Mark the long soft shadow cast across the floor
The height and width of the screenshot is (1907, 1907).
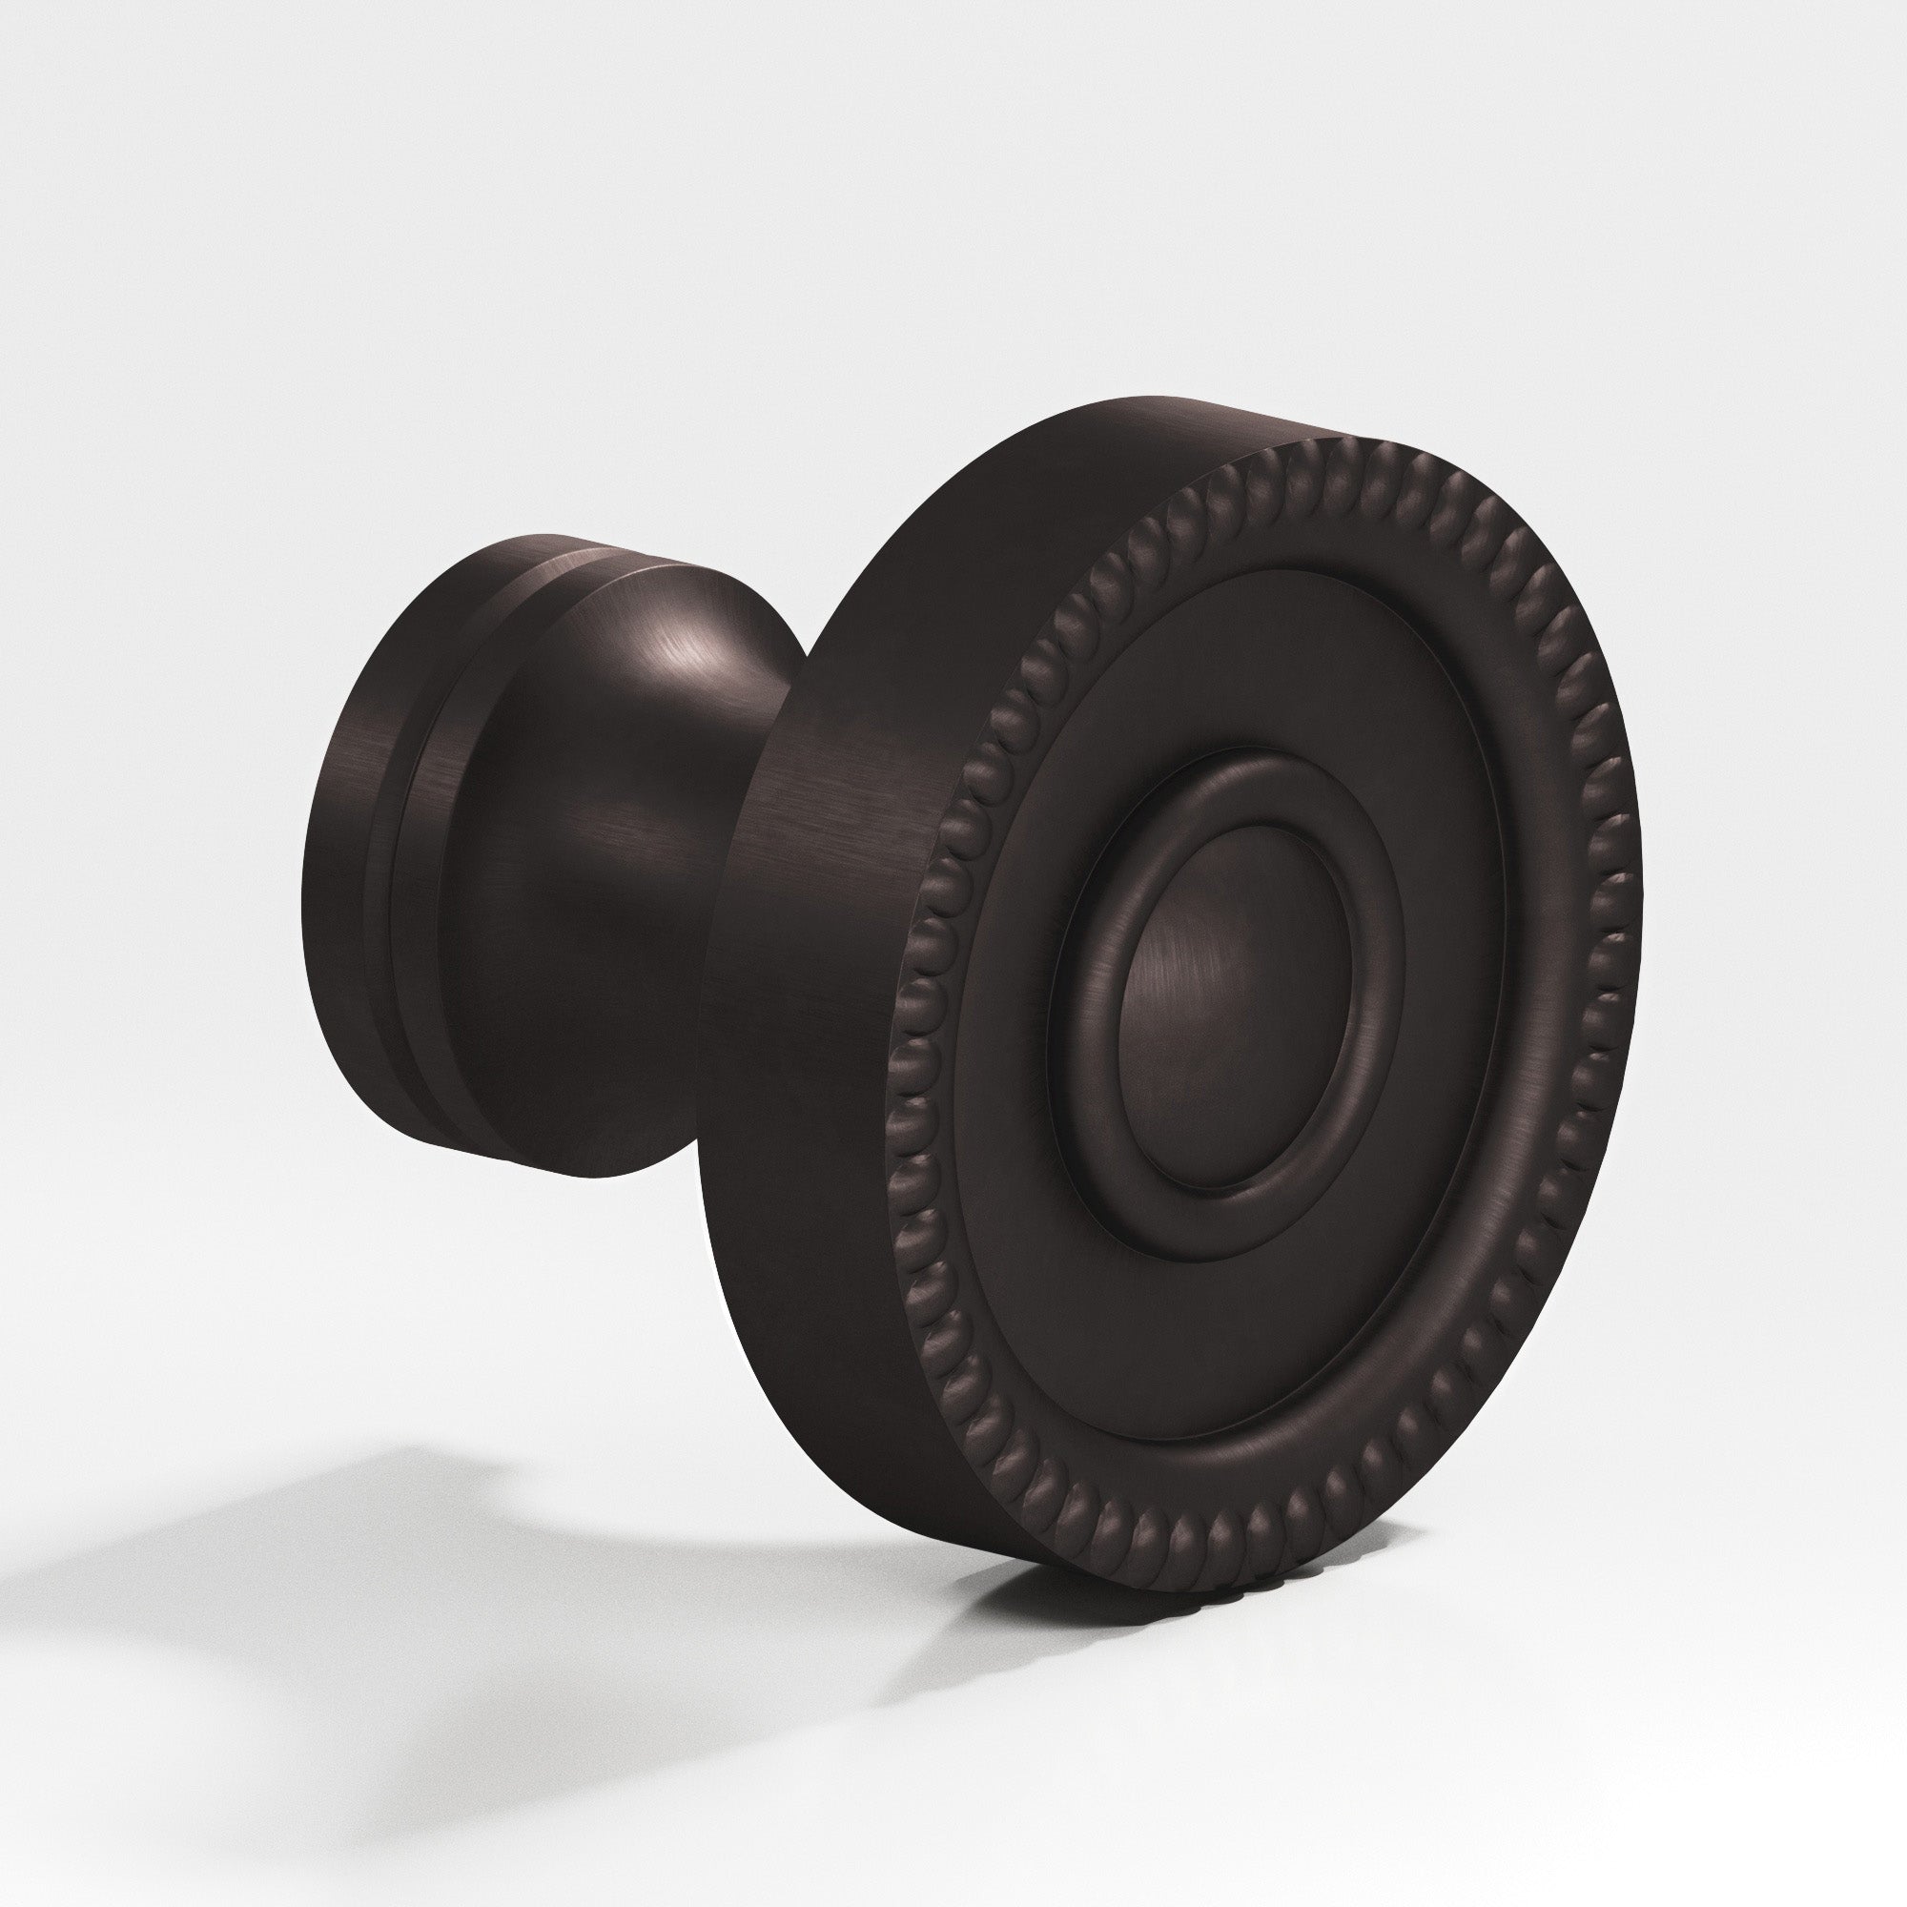click(x=297, y=1579)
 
